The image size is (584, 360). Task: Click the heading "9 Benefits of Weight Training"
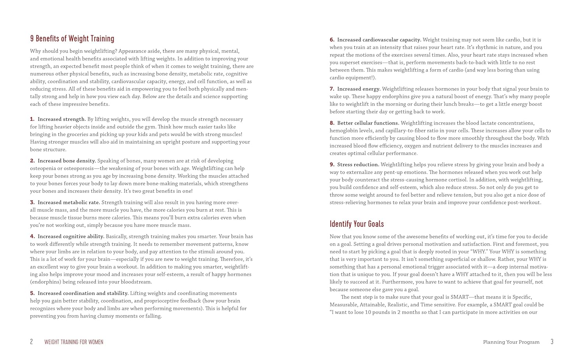point(72,39)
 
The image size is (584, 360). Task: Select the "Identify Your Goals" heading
point(357,224)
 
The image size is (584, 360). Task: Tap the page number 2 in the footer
point(32,342)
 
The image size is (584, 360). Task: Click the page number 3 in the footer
point(552,342)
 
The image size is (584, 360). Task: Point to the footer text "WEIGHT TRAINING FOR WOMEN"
point(74,342)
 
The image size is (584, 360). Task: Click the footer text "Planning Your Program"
point(511,342)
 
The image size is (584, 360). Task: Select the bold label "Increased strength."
point(62,119)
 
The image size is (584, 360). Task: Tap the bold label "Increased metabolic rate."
point(69,202)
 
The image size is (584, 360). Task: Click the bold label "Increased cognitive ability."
point(71,236)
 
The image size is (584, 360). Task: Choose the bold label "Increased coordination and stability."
point(83,293)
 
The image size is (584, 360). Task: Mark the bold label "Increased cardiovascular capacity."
point(379,40)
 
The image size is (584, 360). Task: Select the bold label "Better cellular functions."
point(368,123)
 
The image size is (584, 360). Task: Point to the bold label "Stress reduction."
point(358,165)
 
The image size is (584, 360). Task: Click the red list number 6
point(332,40)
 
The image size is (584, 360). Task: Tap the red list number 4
point(32,236)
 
